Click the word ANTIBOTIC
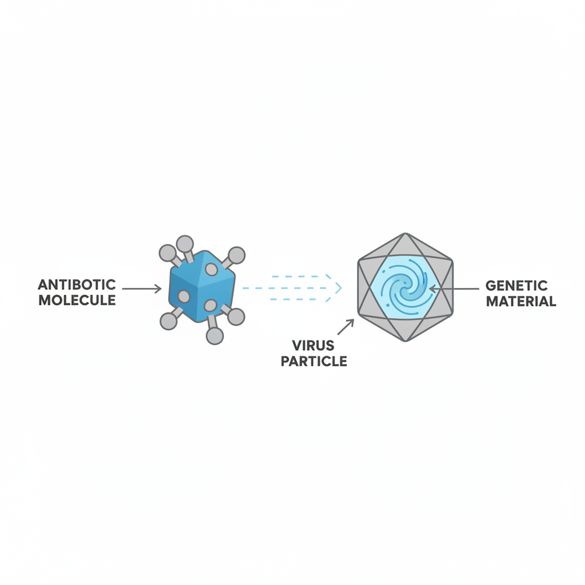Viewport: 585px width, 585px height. tap(77, 285)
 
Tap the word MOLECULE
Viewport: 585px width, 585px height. tap(77, 300)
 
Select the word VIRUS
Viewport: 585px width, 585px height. tap(314, 346)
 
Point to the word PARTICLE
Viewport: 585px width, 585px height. tap(314, 361)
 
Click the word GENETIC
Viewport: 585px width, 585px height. tap(516, 286)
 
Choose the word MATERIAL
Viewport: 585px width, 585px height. tap(521, 301)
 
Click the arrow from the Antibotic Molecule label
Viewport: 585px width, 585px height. tap(142, 289)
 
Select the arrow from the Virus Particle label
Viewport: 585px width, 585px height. tap(346, 327)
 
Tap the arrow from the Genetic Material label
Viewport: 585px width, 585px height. tap(454, 289)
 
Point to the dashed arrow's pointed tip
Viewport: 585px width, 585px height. tap(342, 288)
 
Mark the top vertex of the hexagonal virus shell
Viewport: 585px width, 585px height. tap(405, 234)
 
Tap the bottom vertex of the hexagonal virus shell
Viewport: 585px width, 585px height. tap(405, 340)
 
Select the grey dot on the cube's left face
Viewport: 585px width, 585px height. tap(183, 296)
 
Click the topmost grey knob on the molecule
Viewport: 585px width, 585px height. tap(185, 245)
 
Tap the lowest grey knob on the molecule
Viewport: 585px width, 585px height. tap(215, 335)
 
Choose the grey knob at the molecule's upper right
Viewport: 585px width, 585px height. tap(236, 255)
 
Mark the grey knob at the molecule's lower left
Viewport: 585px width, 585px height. tap(169, 321)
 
